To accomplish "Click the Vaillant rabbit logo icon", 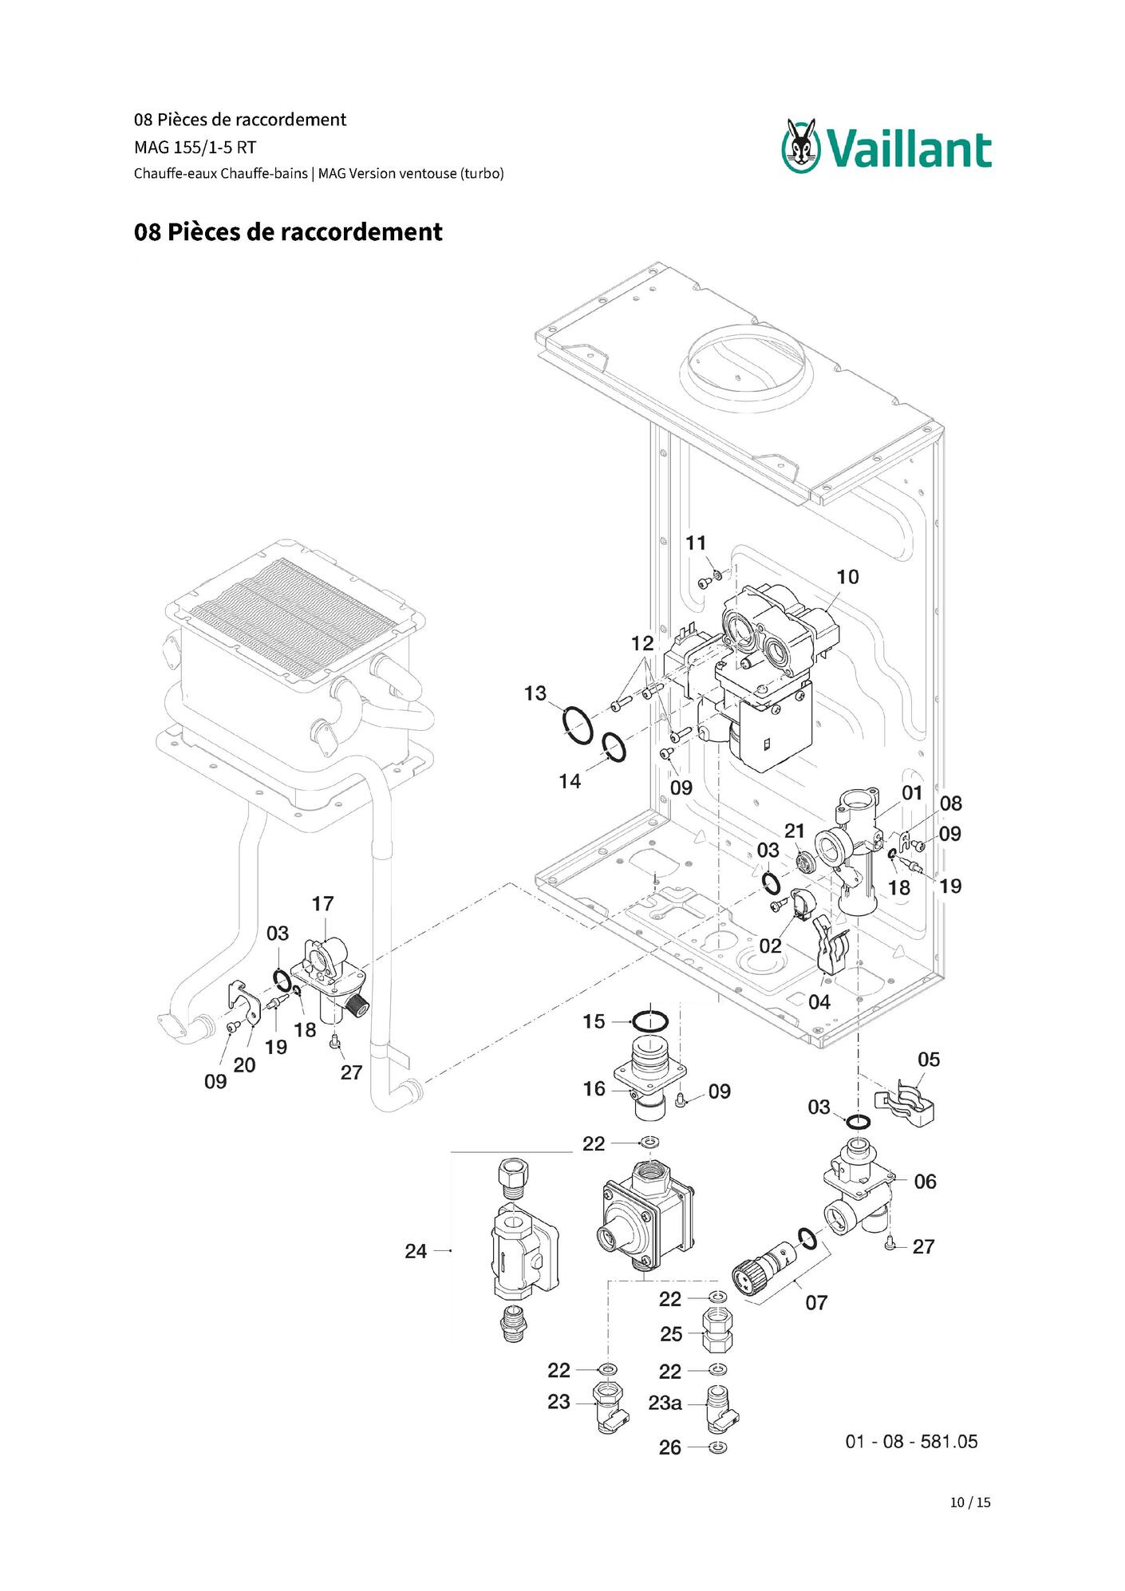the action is point(801,145).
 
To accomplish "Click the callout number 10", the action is point(847,577).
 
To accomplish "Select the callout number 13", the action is point(535,693).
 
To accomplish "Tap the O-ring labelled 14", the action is point(614,747).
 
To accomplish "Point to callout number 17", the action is point(322,904).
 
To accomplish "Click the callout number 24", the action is point(416,1251).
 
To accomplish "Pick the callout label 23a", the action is point(665,1403).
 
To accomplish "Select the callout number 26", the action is point(670,1447).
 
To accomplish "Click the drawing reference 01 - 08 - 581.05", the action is point(911,1442).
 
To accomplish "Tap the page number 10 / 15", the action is point(970,1502).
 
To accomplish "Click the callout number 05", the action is point(929,1060).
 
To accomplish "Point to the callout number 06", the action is point(925,1182).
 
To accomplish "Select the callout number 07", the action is point(816,1303).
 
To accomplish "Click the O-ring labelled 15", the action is point(650,1021).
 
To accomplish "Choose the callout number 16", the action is point(594,1089).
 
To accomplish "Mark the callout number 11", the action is point(697,543).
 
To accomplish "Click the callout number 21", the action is point(795,831).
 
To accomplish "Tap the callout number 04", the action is point(819,1002).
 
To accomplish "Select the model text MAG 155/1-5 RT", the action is point(195,148).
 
